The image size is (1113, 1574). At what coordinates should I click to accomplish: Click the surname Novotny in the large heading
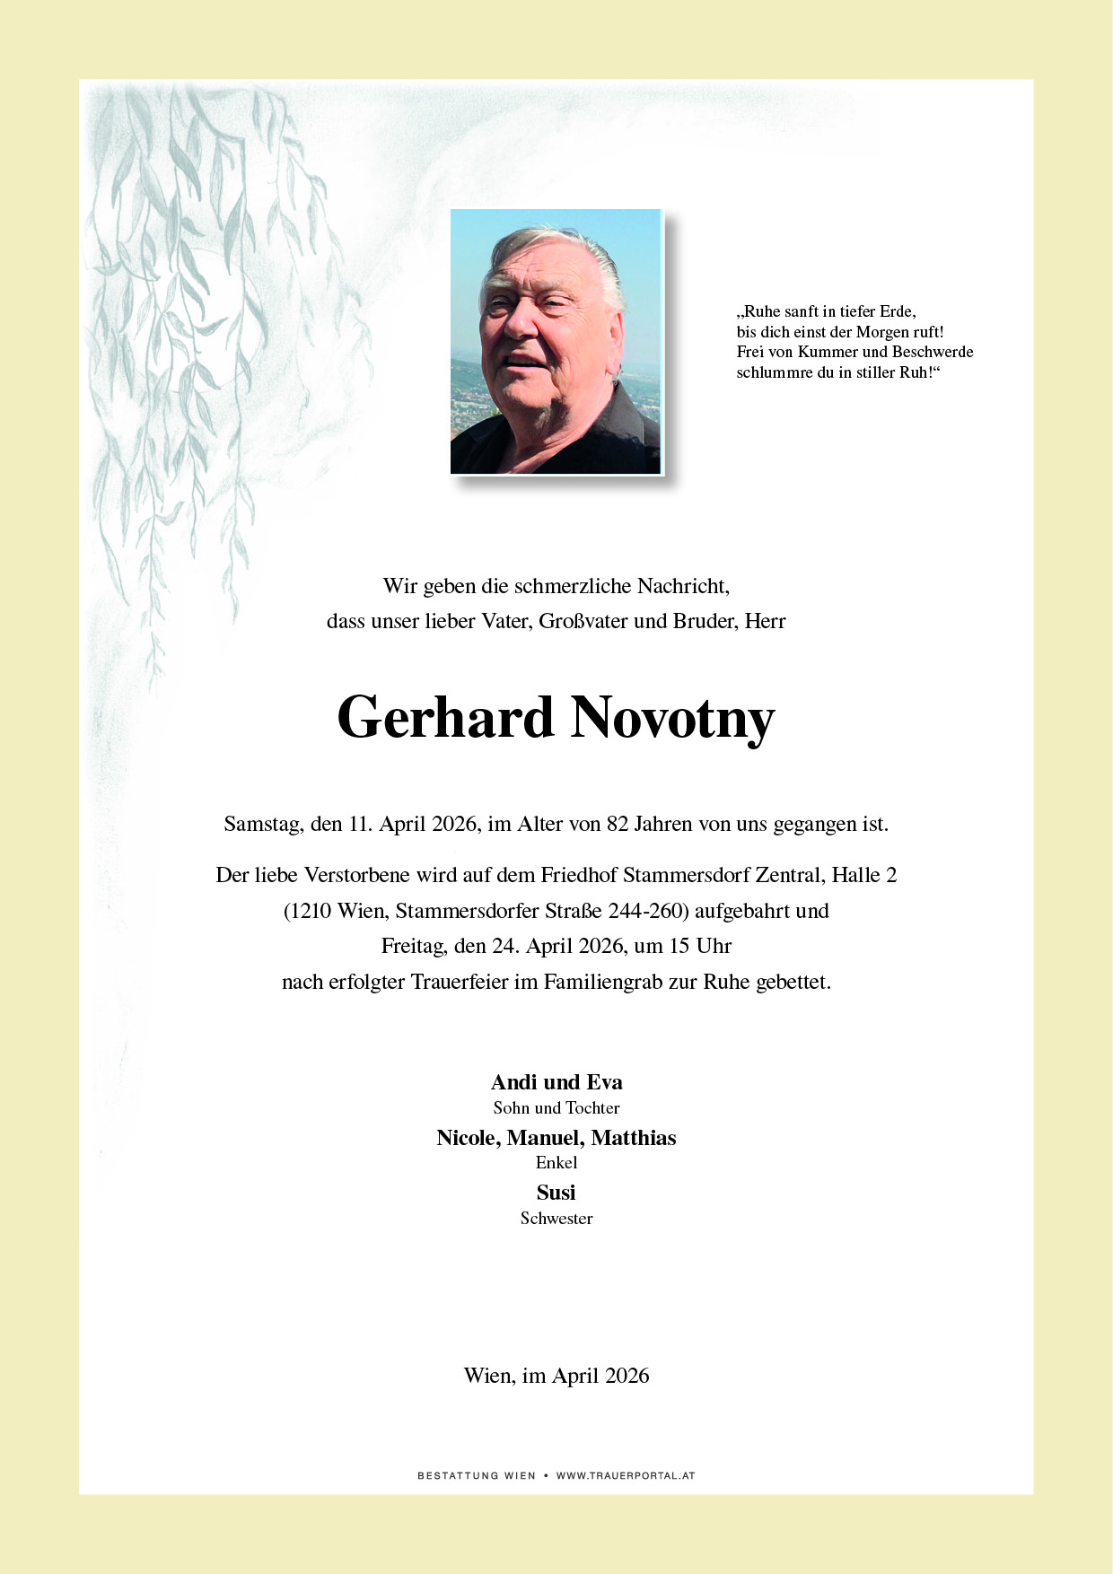click(672, 718)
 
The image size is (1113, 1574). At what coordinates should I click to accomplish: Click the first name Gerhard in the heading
click(445, 718)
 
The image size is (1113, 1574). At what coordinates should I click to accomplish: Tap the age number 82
click(618, 824)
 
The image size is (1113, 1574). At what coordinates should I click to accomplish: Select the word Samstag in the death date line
click(262, 824)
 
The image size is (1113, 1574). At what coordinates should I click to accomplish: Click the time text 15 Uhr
click(702, 946)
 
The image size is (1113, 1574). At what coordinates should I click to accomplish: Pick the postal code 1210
click(311, 911)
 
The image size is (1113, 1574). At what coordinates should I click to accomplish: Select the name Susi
click(556, 1193)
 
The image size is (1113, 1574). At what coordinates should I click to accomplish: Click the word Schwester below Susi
click(556, 1219)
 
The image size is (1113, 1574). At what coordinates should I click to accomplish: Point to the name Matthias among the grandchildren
click(633, 1138)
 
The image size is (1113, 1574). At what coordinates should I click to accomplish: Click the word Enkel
click(556, 1163)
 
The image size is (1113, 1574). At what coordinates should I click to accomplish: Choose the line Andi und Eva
click(556, 1082)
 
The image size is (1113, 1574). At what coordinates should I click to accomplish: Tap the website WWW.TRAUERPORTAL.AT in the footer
click(625, 1475)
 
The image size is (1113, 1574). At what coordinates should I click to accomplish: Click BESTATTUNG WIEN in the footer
click(477, 1475)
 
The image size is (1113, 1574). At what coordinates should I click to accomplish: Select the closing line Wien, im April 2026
click(556, 1376)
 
